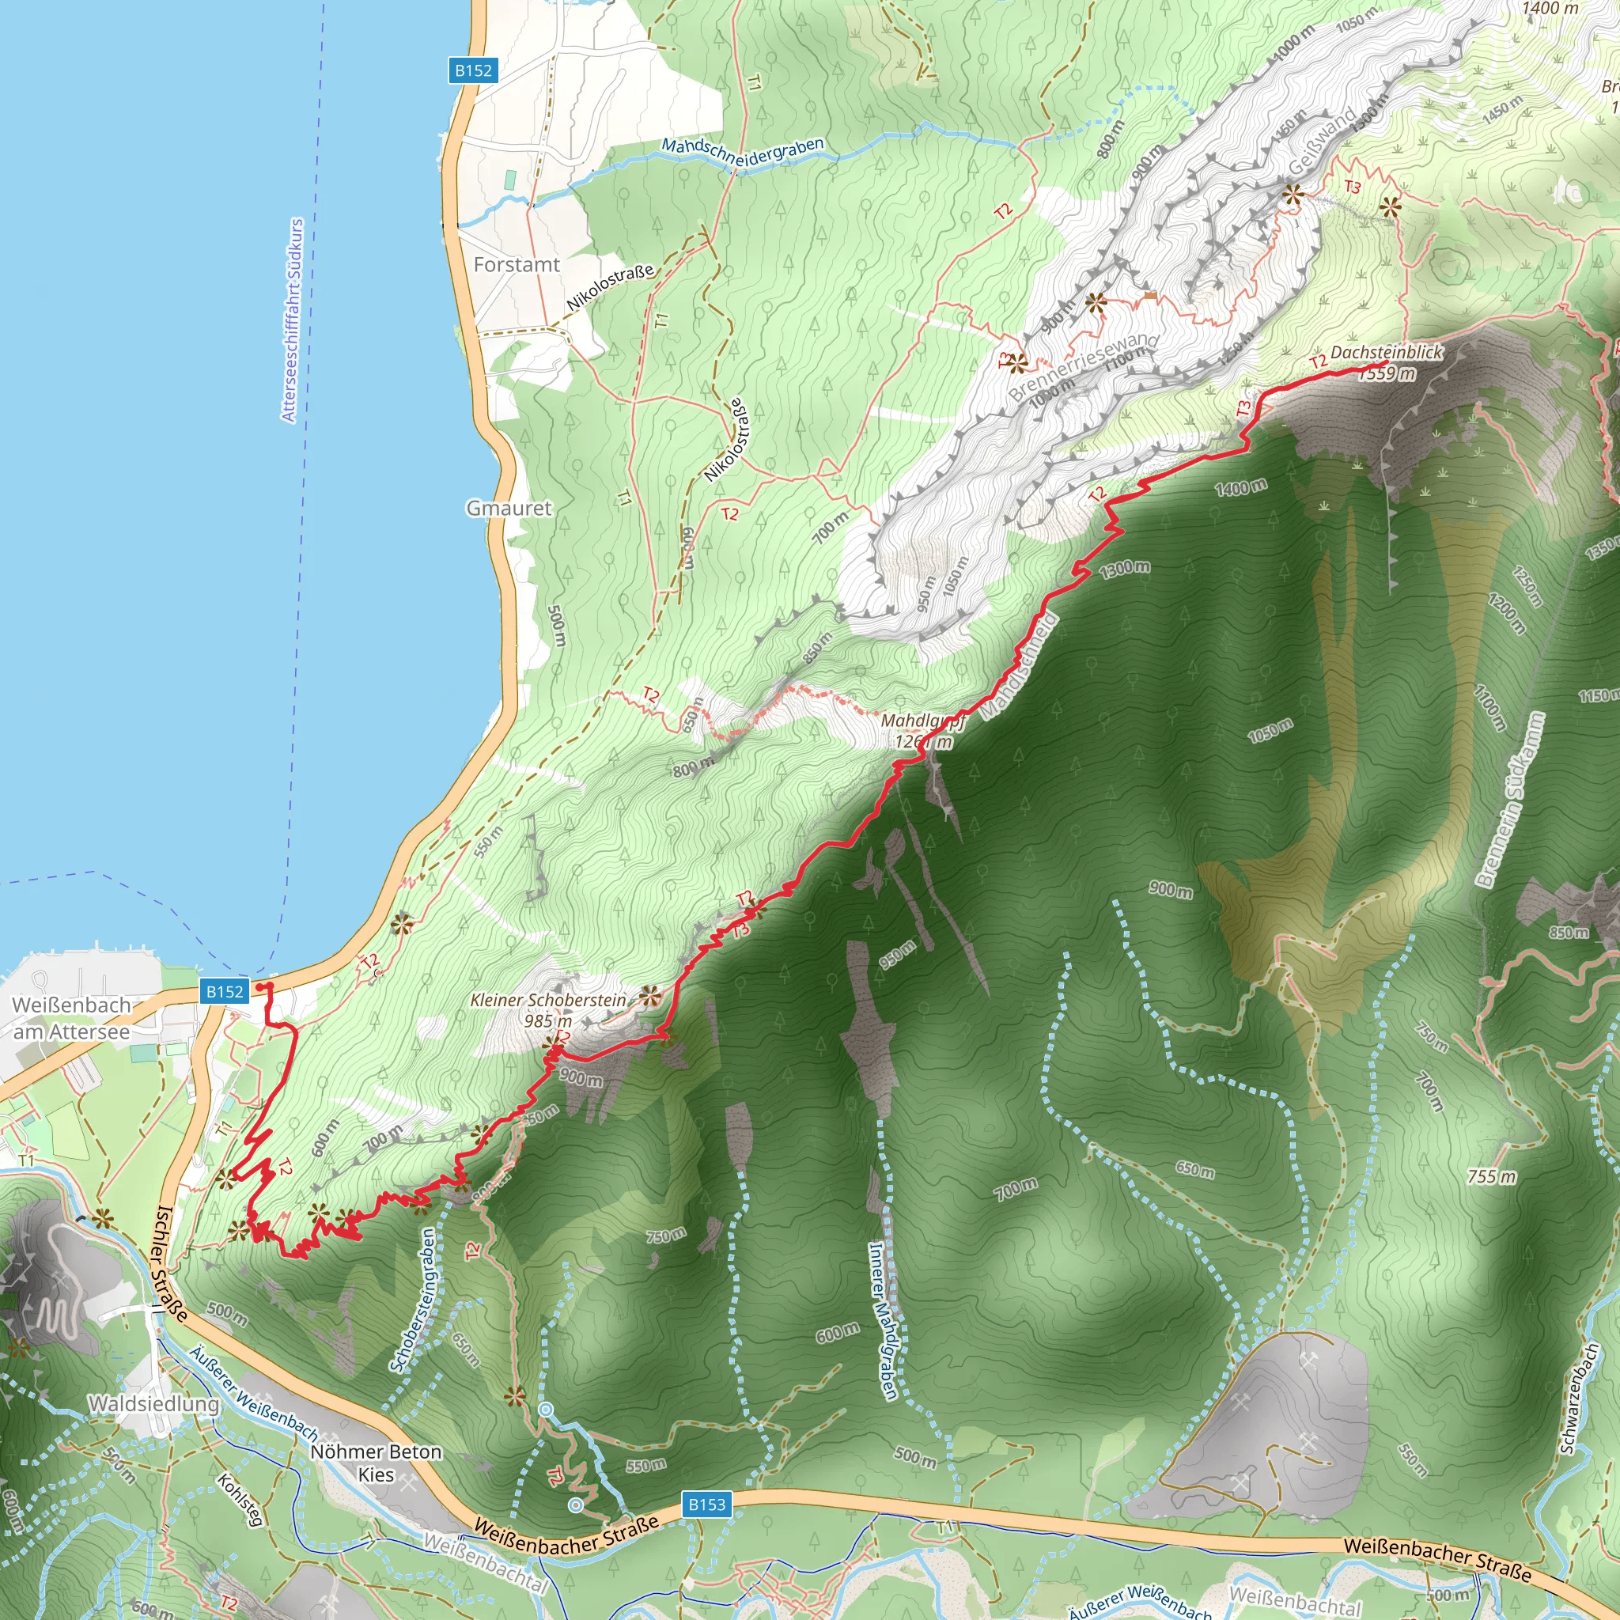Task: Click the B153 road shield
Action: coord(706,1505)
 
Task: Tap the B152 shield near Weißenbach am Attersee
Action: coord(225,991)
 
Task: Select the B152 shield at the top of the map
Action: coord(473,70)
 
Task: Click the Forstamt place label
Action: coord(517,265)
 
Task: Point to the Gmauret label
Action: coord(509,508)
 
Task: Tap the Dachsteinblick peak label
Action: coord(1387,353)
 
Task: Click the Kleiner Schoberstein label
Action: coord(548,1001)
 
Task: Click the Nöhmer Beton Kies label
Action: coord(377,1463)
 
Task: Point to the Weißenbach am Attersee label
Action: coord(72,1018)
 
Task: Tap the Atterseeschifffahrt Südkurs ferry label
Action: coord(292,320)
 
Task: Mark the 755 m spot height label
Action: coord(1493,1176)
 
